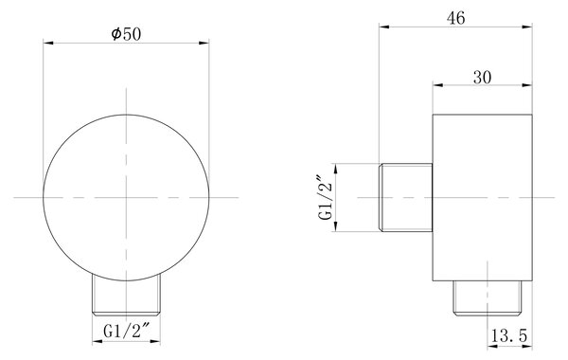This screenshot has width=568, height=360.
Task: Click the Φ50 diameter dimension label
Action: click(x=126, y=34)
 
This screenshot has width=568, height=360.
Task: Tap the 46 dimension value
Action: click(x=455, y=18)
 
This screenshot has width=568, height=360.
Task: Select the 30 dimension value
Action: click(x=482, y=78)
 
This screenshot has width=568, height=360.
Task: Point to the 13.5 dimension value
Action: click(x=509, y=335)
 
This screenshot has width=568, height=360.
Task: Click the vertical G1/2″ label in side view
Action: click(x=325, y=198)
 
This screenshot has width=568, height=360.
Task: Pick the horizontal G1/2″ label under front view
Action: click(x=127, y=331)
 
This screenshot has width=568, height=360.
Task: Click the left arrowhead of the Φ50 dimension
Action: click(x=48, y=43)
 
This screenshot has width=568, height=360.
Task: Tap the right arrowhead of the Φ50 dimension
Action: click(x=204, y=43)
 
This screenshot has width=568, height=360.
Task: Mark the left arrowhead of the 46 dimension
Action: click(x=384, y=27)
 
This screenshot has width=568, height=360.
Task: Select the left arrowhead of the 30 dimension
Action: click(x=438, y=85)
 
